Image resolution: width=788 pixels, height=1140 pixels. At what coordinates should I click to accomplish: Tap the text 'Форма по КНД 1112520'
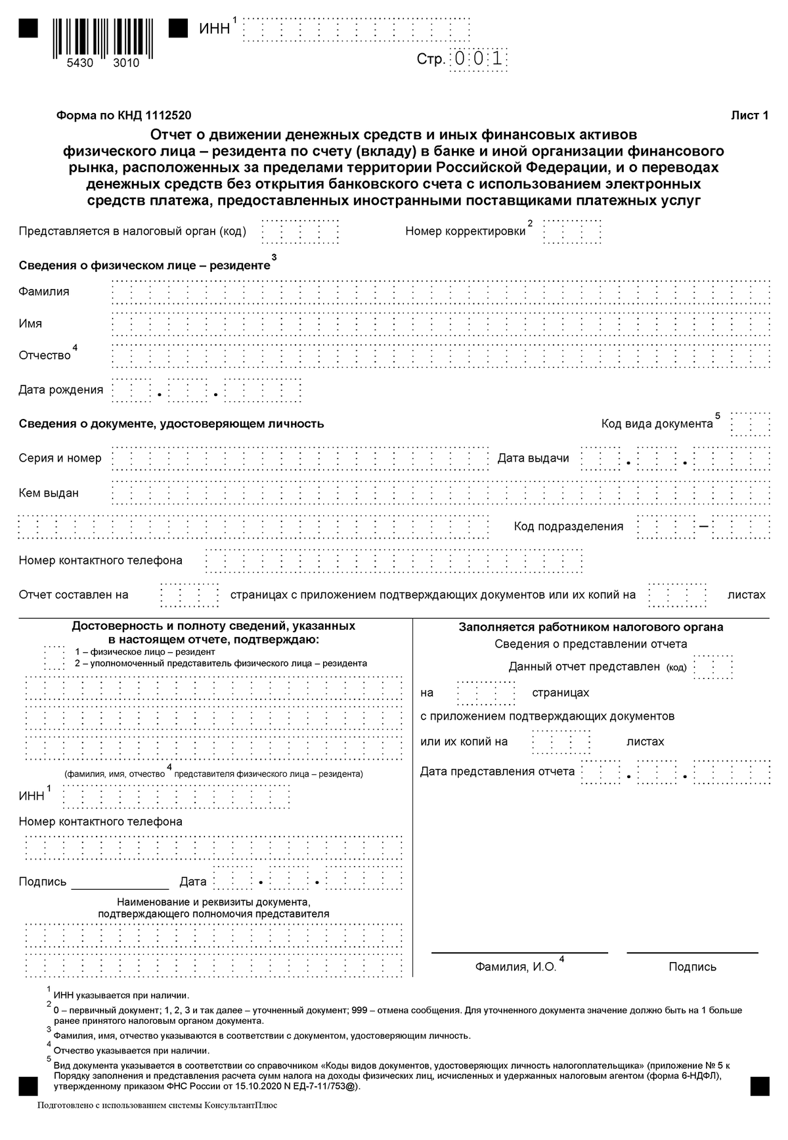click(124, 116)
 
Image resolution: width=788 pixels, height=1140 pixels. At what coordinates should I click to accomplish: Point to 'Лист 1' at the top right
click(749, 116)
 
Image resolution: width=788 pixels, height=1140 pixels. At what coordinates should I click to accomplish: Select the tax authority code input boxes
click(300, 232)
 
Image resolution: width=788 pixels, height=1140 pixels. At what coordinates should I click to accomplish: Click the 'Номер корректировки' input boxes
click(572, 232)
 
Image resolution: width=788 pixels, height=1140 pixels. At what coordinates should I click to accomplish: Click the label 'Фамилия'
click(43, 292)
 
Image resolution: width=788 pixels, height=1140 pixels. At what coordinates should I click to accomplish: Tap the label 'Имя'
click(30, 324)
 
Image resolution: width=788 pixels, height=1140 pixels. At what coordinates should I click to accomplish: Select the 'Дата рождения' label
click(60, 390)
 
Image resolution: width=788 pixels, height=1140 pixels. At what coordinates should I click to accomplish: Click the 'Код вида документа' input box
click(750, 424)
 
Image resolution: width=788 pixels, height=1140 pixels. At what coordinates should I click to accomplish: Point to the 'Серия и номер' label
click(60, 458)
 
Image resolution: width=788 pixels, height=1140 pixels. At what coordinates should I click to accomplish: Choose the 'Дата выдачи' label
click(533, 458)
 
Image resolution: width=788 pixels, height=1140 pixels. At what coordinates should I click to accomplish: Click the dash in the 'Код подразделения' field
click(703, 527)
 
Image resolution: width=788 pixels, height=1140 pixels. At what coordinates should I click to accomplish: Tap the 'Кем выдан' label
click(49, 493)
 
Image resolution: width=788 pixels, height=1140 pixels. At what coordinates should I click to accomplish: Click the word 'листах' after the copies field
click(746, 595)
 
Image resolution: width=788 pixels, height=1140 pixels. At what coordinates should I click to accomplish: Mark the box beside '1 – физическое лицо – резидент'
click(54, 657)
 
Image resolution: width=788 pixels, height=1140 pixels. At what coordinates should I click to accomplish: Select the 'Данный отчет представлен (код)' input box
click(713, 667)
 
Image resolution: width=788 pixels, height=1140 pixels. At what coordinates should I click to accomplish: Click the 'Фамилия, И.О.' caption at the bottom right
click(515, 967)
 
